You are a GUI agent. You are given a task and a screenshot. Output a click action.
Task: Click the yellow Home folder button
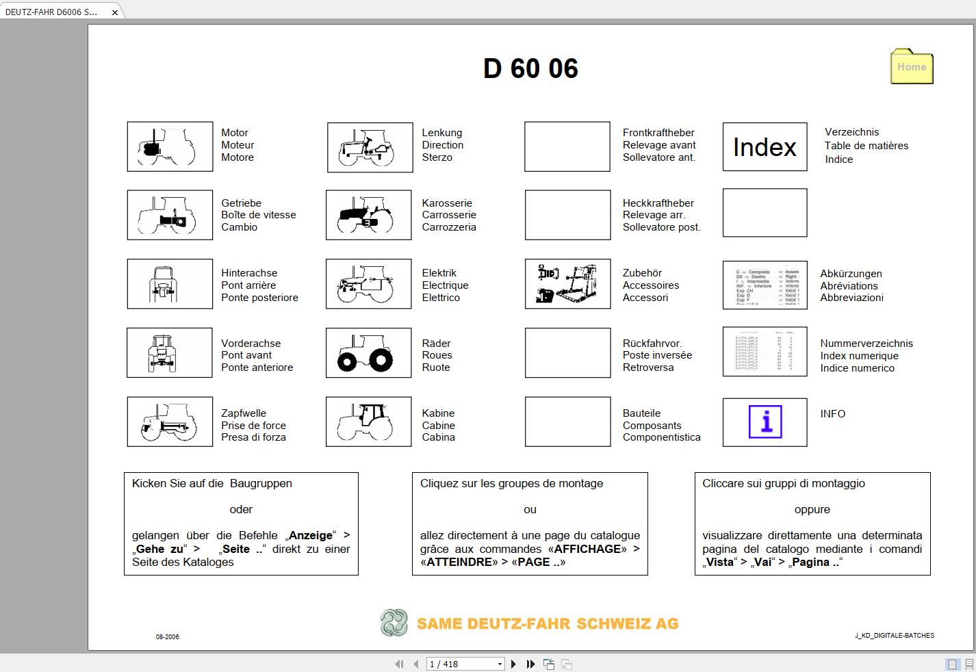pos(911,66)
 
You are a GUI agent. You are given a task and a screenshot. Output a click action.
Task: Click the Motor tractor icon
pos(170,146)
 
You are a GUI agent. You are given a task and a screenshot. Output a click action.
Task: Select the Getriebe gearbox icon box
pos(170,215)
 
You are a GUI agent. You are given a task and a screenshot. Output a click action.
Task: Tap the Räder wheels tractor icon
pos(368,353)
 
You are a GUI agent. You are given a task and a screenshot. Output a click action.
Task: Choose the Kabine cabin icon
pos(368,422)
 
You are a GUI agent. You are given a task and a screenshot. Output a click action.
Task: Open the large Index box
pos(765,146)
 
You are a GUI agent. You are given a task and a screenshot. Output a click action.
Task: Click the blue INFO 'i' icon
pos(765,422)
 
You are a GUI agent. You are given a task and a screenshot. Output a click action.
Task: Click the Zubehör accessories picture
pos(567,284)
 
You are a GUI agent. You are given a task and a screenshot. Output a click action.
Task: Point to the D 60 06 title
pos(530,68)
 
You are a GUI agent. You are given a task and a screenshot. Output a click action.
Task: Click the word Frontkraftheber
pos(658,133)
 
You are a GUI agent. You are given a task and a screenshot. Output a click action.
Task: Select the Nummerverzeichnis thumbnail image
pos(765,352)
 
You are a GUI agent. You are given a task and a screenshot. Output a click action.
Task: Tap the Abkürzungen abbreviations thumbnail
pos(765,284)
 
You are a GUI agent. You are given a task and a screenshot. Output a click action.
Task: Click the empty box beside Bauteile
pos(567,422)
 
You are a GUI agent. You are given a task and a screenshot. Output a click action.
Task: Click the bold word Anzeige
pos(311,536)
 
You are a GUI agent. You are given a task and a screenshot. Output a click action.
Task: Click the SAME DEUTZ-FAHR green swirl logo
pos(394,623)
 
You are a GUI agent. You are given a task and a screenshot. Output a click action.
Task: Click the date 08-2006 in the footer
pos(168,636)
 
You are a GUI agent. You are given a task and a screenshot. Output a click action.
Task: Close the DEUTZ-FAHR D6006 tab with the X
pos(115,12)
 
